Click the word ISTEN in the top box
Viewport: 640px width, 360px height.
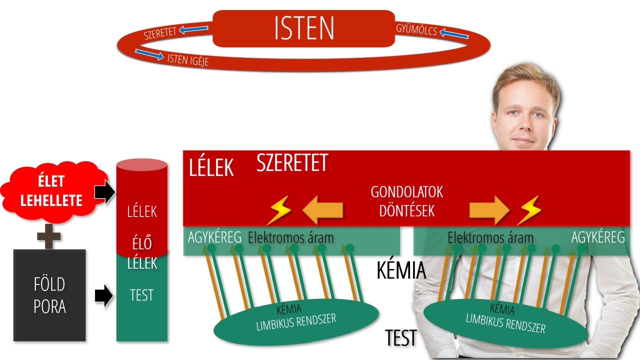pyautogui.click(x=304, y=29)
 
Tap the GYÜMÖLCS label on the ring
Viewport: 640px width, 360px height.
pyautogui.click(x=416, y=30)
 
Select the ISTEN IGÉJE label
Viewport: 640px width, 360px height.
pyautogui.click(x=187, y=59)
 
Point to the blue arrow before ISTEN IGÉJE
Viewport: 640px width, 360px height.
pyautogui.click(x=149, y=54)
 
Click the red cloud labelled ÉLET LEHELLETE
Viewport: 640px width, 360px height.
pyautogui.click(x=51, y=191)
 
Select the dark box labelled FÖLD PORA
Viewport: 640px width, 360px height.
pyautogui.click(x=49, y=295)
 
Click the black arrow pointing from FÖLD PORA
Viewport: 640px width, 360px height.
pyautogui.click(x=104, y=295)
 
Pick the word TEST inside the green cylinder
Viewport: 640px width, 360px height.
pyautogui.click(x=141, y=295)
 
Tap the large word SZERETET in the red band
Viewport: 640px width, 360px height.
pyautogui.click(x=292, y=163)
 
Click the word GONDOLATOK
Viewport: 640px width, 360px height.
pyautogui.click(x=407, y=192)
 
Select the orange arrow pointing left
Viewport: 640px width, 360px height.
pyautogui.click(x=323, y=210)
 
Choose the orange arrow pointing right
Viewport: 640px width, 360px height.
pyautogui.click(x=489, y=210)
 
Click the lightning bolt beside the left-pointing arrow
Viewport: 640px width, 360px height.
pyautogui.click(x=278, y=210)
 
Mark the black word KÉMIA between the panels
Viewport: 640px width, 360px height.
pyautogui.click(x=401, y=270)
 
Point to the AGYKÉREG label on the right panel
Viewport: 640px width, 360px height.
pyautogui.click(x=598, y=237)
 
